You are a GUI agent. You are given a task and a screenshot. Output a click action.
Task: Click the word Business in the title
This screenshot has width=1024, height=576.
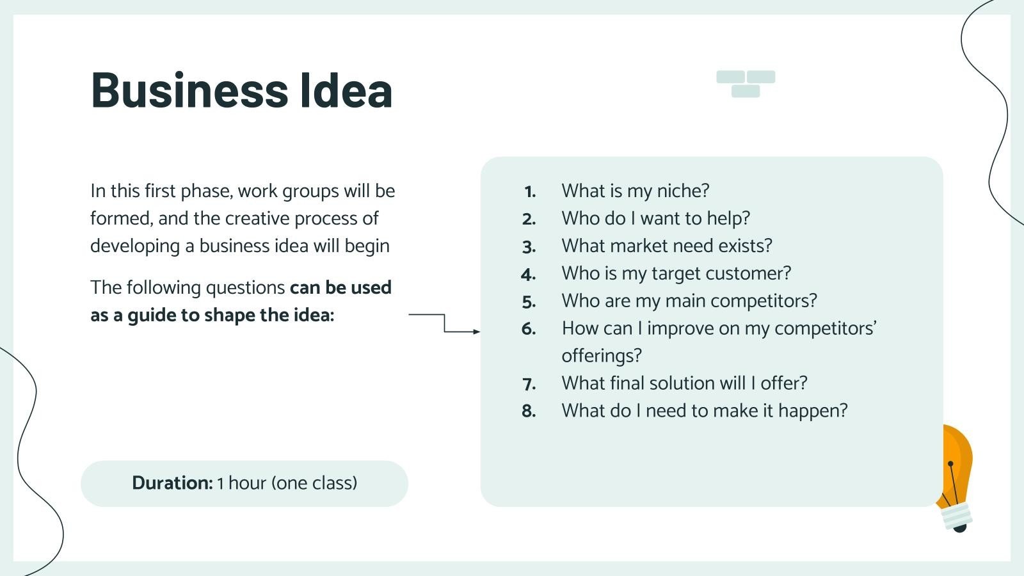189,90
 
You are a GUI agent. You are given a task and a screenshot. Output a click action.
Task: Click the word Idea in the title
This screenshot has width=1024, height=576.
346,90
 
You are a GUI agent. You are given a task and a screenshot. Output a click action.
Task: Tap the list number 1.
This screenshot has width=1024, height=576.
530,191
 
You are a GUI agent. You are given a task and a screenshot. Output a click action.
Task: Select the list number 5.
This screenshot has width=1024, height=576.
529,301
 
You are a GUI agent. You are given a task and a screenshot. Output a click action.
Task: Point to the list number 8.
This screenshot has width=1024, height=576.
529,411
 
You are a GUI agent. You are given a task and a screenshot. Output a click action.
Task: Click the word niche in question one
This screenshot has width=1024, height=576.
682,191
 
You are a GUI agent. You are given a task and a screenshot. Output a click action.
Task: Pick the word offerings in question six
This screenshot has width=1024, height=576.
601,356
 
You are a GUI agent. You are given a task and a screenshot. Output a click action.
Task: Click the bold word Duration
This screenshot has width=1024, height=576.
172,483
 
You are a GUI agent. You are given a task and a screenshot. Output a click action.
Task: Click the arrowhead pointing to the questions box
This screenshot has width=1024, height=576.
476,332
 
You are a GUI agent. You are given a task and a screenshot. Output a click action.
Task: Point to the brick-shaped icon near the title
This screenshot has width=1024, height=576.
746,84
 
